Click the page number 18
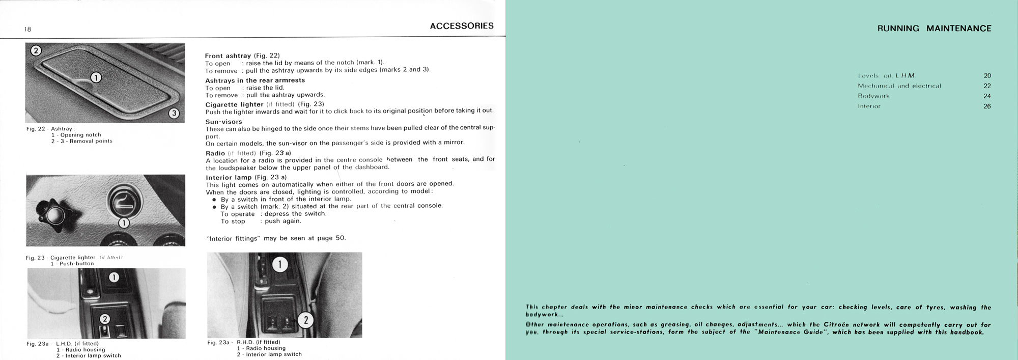click(27, 29)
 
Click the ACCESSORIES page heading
click(461, 26)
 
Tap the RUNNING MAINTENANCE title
click(934, 29)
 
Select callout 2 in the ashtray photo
click(36, 50)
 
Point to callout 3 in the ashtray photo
click(174, 113)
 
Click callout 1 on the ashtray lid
click(96, 77)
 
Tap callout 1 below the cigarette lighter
click(124, 223)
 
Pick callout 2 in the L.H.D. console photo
click(104, 319)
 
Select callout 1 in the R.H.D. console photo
click(280, 264)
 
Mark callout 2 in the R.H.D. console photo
click(305, 320)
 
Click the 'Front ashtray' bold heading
click(228, 56)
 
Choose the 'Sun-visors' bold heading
click(223, 122)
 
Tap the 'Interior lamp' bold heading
click(229, 177)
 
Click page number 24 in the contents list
click(987, 96)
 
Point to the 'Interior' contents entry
click(869, 106)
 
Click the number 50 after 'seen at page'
click(340, 238)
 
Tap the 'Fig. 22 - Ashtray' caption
click(50, 129)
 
